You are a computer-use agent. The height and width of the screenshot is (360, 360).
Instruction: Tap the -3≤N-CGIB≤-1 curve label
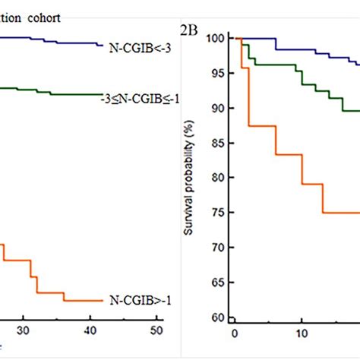pos(139,99)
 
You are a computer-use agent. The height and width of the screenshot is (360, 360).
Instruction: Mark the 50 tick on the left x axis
pos(156,330)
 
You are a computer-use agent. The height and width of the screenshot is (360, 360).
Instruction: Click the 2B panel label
pos(190,30)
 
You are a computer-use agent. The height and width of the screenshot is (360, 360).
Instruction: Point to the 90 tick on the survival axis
pos(219,109)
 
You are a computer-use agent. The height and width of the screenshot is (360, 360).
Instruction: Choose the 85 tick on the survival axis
pos(219,144)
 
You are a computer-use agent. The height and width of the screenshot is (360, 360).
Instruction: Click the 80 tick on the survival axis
pos(219,178)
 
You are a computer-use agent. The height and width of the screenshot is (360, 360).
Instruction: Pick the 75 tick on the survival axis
pos(219,213)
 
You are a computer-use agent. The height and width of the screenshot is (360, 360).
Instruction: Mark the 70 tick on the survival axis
pos(219,248)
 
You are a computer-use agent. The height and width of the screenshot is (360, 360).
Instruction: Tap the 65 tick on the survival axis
pos(219,283)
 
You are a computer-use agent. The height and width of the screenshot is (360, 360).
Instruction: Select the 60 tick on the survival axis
pos(219,317)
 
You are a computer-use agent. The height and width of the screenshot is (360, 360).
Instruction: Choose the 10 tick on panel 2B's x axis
pos(302,333)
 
